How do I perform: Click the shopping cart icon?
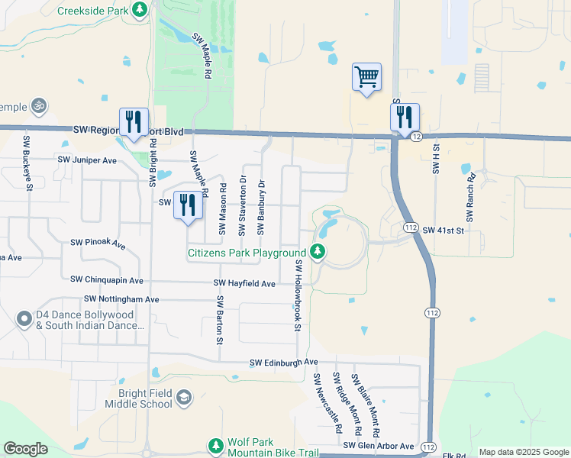(366, 76)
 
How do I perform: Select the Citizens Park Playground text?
(247, 253)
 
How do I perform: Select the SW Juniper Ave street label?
(88, 160)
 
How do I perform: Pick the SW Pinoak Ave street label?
(98, 243)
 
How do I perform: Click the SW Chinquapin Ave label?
(106, 281)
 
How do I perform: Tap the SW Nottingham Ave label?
(121, 299)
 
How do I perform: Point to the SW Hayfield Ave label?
(244, 283)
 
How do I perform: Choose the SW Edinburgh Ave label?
(283, 362)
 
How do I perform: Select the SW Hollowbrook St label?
(298, 295)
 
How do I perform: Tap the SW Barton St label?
(219, 318)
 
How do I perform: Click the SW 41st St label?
(443, 229)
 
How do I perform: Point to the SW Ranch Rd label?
(471, 197)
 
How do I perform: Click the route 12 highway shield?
(416, 136)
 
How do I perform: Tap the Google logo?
(25, 449)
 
